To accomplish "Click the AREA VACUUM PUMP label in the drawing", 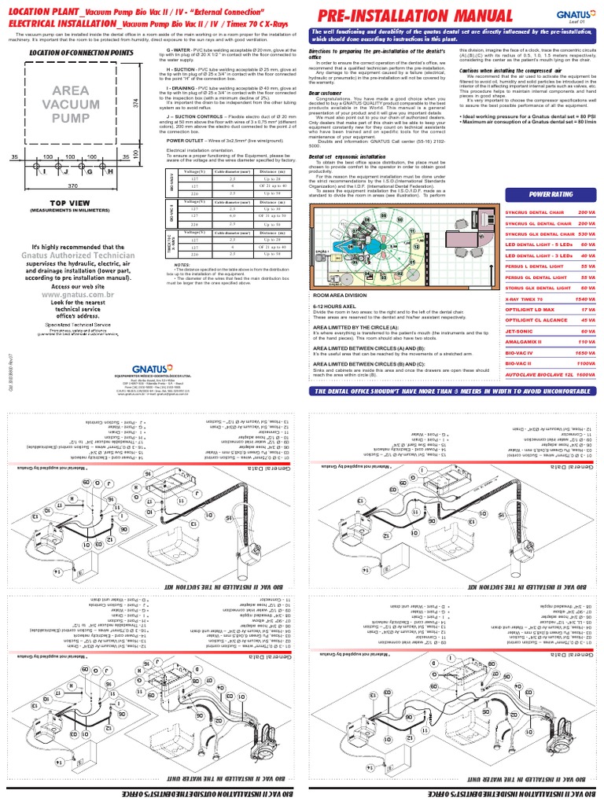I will (71, 103).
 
